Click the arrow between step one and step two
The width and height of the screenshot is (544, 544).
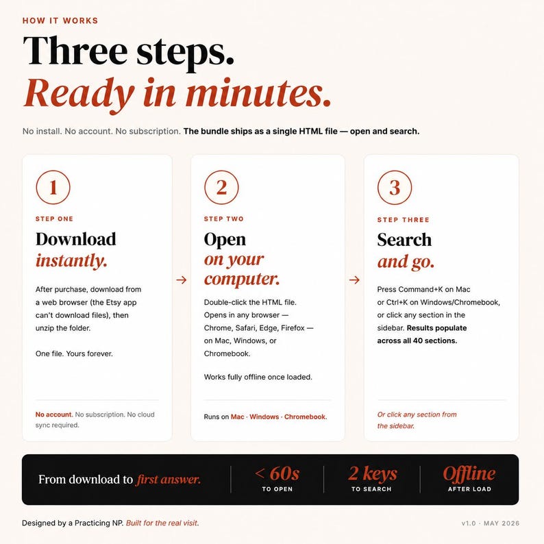click(182, 280)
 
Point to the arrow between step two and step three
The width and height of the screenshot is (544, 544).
click(354, 280)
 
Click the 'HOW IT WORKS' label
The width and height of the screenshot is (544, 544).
click(60, 21)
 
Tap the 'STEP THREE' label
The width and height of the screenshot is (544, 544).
click(403, 220)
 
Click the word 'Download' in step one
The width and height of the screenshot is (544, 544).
click(75, 239)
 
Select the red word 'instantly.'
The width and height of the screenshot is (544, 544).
click(71, 261)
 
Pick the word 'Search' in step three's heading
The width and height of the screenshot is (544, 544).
click(404, 240)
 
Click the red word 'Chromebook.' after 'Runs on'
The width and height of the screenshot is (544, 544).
click(306, 417)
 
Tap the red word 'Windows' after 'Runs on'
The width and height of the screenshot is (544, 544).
click(264, 417)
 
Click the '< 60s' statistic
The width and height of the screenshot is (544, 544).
click(277, 473)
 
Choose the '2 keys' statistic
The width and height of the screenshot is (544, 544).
click(373, 473)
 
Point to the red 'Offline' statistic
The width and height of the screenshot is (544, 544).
click(469, 473)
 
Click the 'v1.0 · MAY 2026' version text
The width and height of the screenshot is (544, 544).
click(491, 523)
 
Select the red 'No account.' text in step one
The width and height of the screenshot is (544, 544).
click(54, 415)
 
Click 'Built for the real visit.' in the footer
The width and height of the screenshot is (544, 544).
click(162, 523)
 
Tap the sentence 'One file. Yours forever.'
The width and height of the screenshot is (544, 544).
click(74, 354)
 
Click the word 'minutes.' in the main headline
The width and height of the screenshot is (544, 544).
click(258, 93)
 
